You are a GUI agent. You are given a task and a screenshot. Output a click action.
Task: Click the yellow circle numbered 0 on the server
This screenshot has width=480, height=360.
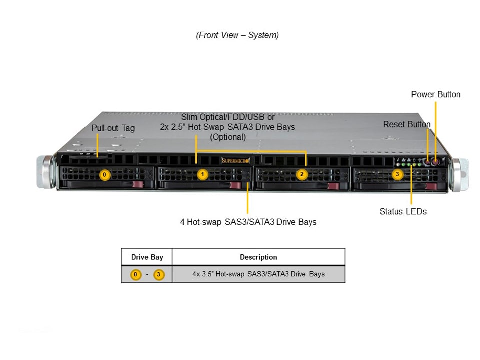(104, 175)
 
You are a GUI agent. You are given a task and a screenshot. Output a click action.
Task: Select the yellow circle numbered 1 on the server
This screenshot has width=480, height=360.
(202, 175)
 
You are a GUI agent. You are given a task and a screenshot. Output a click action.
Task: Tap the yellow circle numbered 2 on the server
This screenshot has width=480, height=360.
(301, 175)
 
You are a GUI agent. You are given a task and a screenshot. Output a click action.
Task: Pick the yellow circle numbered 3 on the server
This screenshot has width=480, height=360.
(397, 175)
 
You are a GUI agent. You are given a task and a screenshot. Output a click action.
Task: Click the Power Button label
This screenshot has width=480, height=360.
(436, 94)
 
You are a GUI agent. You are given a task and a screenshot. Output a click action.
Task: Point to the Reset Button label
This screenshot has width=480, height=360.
(406, 124)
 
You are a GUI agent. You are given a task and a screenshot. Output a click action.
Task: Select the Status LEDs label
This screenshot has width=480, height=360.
(403, 211)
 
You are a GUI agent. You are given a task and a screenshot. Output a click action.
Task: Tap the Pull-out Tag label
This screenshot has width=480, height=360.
(113, 128)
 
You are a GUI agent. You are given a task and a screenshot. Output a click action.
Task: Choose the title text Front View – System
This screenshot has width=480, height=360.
(237, 35)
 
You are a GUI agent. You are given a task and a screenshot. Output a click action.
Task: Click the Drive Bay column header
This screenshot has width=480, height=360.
(147, 257)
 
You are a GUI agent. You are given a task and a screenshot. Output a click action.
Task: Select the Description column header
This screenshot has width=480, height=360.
(258, 257)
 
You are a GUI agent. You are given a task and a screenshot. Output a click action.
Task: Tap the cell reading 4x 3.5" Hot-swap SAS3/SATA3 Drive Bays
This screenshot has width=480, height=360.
(258, 274)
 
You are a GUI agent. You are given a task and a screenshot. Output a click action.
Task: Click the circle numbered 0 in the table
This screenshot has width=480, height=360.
(135, 274)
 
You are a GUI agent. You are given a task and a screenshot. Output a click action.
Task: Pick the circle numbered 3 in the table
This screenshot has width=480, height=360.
(159, 274)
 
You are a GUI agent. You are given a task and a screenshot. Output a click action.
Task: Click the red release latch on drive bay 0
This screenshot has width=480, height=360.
(139, 186)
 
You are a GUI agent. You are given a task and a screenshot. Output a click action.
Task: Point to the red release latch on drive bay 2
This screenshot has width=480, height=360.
(333, 186)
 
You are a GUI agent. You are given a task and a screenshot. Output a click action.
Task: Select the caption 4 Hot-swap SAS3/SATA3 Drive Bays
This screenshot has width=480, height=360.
(248, 222)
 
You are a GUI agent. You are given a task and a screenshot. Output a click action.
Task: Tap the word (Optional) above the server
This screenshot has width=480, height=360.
(228, 137)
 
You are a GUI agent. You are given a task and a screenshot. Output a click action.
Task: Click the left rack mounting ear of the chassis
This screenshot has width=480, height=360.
(44, 172)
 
